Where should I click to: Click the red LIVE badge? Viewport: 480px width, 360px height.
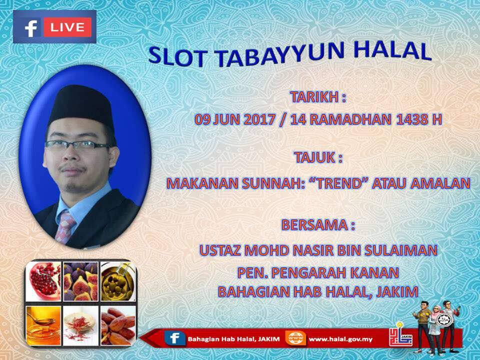(67, 27)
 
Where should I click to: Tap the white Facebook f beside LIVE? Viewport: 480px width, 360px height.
(31, 28)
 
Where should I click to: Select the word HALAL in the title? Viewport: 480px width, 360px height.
(392, 50)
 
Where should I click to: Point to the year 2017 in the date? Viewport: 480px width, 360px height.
(259, 119)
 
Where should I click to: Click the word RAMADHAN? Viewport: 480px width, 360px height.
(350, 119)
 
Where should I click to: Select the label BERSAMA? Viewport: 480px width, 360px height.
(314, 224)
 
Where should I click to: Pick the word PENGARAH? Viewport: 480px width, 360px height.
(309, 272)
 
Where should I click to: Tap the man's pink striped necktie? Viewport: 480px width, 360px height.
(65, 226)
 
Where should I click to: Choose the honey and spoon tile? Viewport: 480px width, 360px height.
(43, 325)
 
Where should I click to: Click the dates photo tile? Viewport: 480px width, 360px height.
(118, 325)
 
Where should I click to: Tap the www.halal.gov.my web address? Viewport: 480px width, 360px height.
(340, 339)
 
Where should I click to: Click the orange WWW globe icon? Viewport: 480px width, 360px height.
(295, 338)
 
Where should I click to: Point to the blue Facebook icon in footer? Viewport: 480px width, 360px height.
(175, 338)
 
